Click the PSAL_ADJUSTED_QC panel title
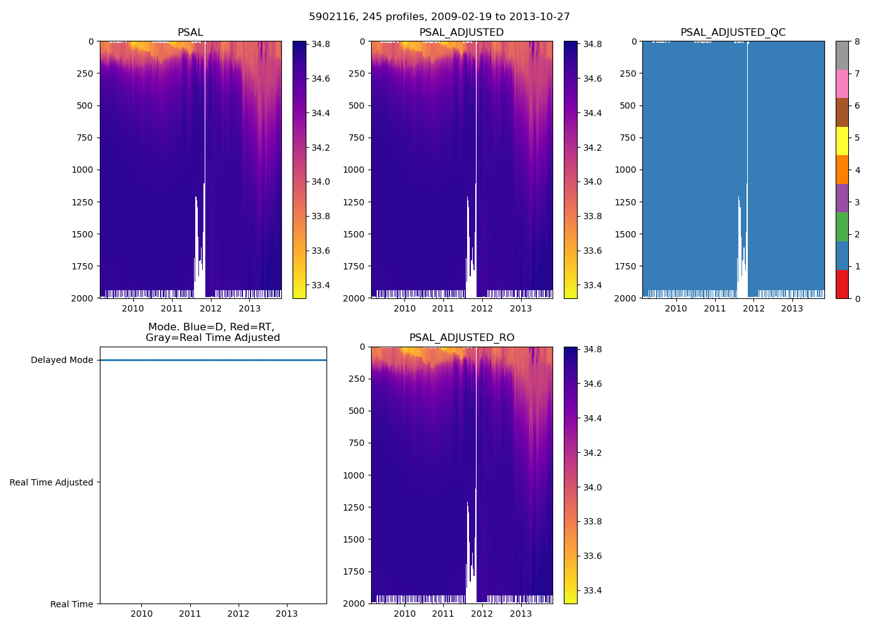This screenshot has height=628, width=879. click(733, 33)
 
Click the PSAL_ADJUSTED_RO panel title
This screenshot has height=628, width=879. click(461, 338)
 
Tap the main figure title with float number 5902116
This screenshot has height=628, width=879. click(439, 17)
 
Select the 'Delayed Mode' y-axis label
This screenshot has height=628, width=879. click(62, 360)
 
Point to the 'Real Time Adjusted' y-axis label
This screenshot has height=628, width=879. click(51, 482)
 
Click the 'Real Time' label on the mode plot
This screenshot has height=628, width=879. click(72, 604)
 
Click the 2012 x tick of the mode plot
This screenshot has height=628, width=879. click(239, 614)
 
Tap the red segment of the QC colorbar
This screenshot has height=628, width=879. click(842, 284)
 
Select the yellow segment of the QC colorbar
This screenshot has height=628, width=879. click(842, 141)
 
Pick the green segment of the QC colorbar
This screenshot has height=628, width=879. click(842, 227)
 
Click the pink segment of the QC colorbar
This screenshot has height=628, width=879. click(842, 84)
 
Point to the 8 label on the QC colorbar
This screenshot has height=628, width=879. click(857, 42)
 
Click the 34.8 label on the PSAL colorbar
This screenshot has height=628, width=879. click(321, 45)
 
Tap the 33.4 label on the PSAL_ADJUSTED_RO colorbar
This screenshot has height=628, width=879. click(592, 590)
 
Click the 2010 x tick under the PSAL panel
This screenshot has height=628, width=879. click(133, 308)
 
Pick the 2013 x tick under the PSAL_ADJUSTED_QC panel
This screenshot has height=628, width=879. click(792, 308)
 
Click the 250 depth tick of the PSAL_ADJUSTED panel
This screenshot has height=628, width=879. click(357, 73)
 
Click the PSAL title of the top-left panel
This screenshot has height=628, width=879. click(190, 33)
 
